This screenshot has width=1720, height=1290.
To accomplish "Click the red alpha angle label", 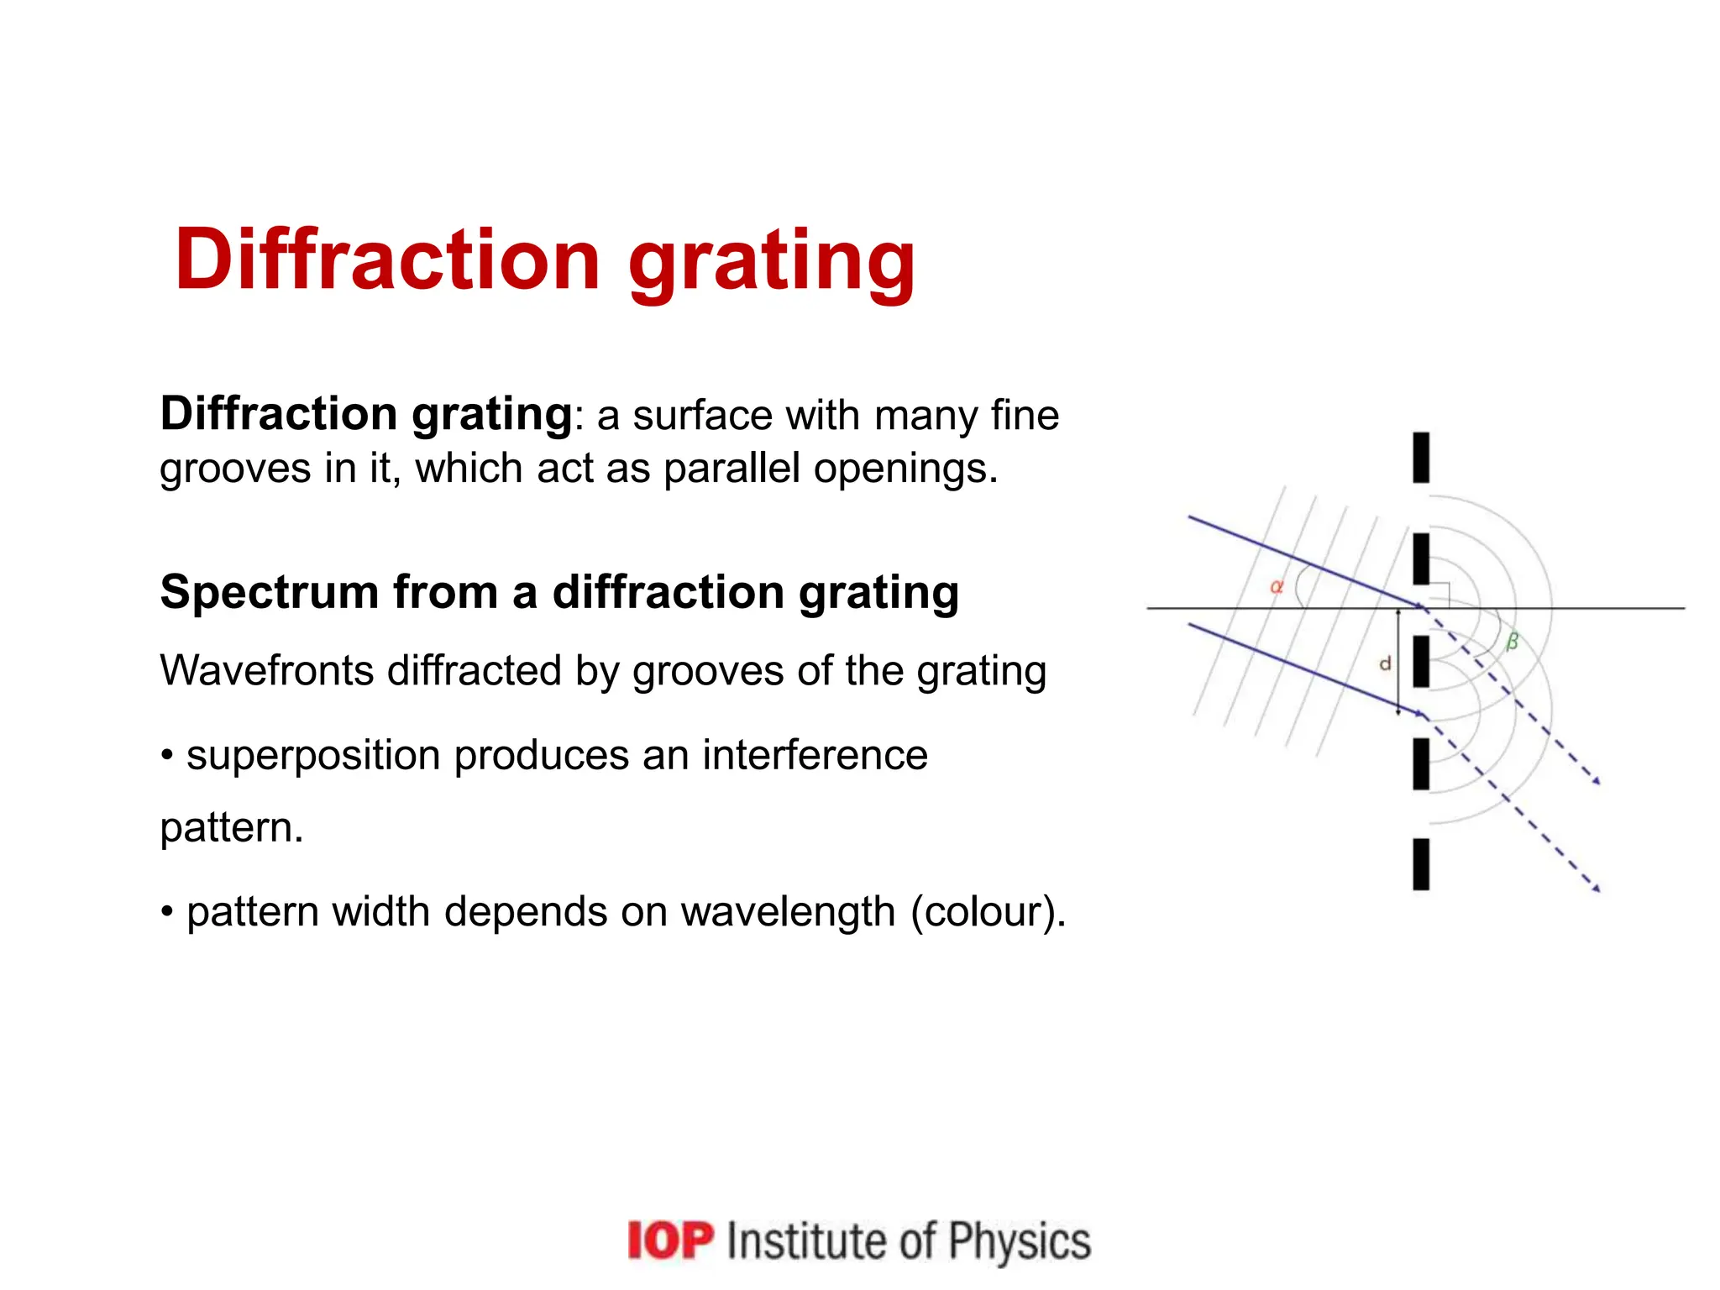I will (1276, 587).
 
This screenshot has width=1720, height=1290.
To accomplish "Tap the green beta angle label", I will (1512, 642).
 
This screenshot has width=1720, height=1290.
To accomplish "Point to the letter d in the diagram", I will (1385, 663).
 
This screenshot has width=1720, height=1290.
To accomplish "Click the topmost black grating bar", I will (1421, 458).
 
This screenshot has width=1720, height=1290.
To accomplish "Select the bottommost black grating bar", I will (1421, 864).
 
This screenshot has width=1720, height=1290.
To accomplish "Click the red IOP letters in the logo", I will (670, 1241).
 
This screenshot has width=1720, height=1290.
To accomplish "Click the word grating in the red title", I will (771, 262).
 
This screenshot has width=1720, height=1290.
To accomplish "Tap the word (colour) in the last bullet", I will (988, 912).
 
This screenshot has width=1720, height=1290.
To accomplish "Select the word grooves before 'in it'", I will (234, 469).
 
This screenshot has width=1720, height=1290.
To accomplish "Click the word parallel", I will (731, 468).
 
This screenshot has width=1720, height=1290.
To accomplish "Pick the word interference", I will (815, 755).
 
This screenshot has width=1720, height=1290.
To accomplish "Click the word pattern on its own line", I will (230, 828).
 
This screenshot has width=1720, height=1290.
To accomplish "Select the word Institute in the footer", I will (805, 1241).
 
